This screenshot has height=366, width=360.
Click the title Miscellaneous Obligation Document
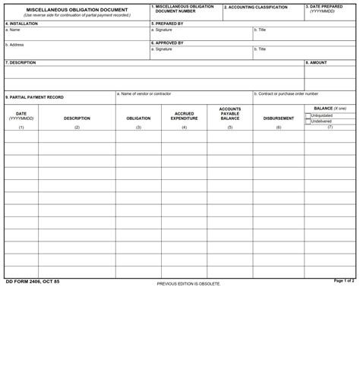[x=77, y=10]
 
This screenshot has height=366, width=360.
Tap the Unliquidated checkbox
[x=308, y=116]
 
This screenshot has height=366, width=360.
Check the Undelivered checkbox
[x=308, y=121]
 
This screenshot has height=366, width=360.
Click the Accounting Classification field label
[x=256, y=8]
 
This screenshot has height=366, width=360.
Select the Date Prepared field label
[x=324, y=7]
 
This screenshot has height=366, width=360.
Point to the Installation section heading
[x=22, y=24]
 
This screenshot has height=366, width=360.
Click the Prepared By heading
[x=168, y=24]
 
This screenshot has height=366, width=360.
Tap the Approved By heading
[x=168, y=43]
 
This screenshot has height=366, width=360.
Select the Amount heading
[x=318, y=63]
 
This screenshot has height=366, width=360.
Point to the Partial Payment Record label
[x=35, y=97]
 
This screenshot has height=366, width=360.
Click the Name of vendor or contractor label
[x=144, y=93]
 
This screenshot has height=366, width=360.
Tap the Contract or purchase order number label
[x=286, y=93]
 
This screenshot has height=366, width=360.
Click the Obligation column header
[x=138, y=118]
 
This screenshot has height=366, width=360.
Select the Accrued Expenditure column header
[x=184, y=116]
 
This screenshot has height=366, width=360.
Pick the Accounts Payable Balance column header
[x=230, y=114]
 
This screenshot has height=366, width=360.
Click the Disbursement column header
[x=279, y=118]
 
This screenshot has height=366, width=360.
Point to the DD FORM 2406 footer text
[x=33, y=282]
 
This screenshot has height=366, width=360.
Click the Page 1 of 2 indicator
[x=344, y=281]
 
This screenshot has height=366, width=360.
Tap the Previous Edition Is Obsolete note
[x=188, y=284]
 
